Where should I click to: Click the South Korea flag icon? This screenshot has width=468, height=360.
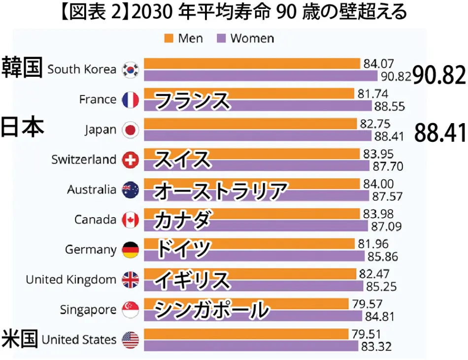pyautogui.click(x=131, y=69)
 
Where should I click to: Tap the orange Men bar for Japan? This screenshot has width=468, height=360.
pyautogui.click(x=251, y=123)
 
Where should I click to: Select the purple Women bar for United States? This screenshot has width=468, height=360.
pyautogui.click(x=251, y=346)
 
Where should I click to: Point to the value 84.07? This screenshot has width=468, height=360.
pyautogui.click(x=379, y=64)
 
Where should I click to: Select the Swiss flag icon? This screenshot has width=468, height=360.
pyautogui.click(x=131, y=160)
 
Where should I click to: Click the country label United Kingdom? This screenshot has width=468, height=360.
pyautogui.click(x=71, y=280)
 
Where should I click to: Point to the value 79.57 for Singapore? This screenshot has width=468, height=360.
pyautogui.click(x=367, y=304)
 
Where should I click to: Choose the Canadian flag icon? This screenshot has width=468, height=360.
pyautogui.click(x=131, y=220)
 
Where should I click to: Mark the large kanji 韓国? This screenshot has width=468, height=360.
pyautogui.click(x=22, y=67)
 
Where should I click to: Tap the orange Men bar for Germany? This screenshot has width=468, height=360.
pyautogui.click(x=249, y=243)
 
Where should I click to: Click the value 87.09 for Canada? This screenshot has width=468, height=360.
pyautogui.click(x=385, y=227)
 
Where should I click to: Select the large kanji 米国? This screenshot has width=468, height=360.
pyautogui.click(x=20, y=339)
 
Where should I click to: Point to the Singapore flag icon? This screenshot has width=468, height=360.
pyautogui.click(x=131, y=310)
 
